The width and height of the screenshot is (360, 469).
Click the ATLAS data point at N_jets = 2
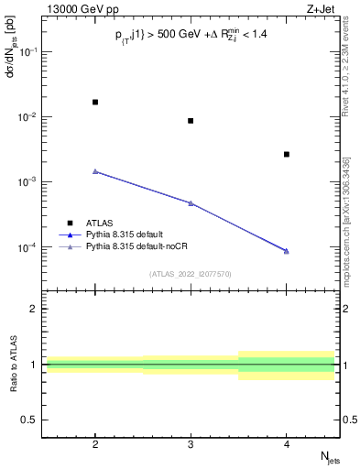(95, 102)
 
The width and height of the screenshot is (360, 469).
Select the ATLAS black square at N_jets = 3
(191, 121)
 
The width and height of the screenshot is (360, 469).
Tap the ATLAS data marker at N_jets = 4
(287, 154)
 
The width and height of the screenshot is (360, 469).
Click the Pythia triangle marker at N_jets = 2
(95, 171)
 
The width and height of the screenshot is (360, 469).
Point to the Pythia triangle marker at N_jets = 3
(191, 203)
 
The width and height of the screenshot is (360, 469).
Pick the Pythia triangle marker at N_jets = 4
(287, 251)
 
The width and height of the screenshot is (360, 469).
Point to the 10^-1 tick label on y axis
(30, 52)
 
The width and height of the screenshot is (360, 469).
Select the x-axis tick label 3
(191, 442)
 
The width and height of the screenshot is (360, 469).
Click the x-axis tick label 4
(287, 442)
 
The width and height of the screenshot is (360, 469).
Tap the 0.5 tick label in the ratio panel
(33, 420)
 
